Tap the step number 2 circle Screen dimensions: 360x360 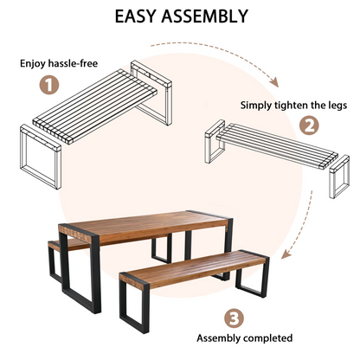pos(308,125)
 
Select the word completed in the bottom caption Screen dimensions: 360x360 pos(267,338)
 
